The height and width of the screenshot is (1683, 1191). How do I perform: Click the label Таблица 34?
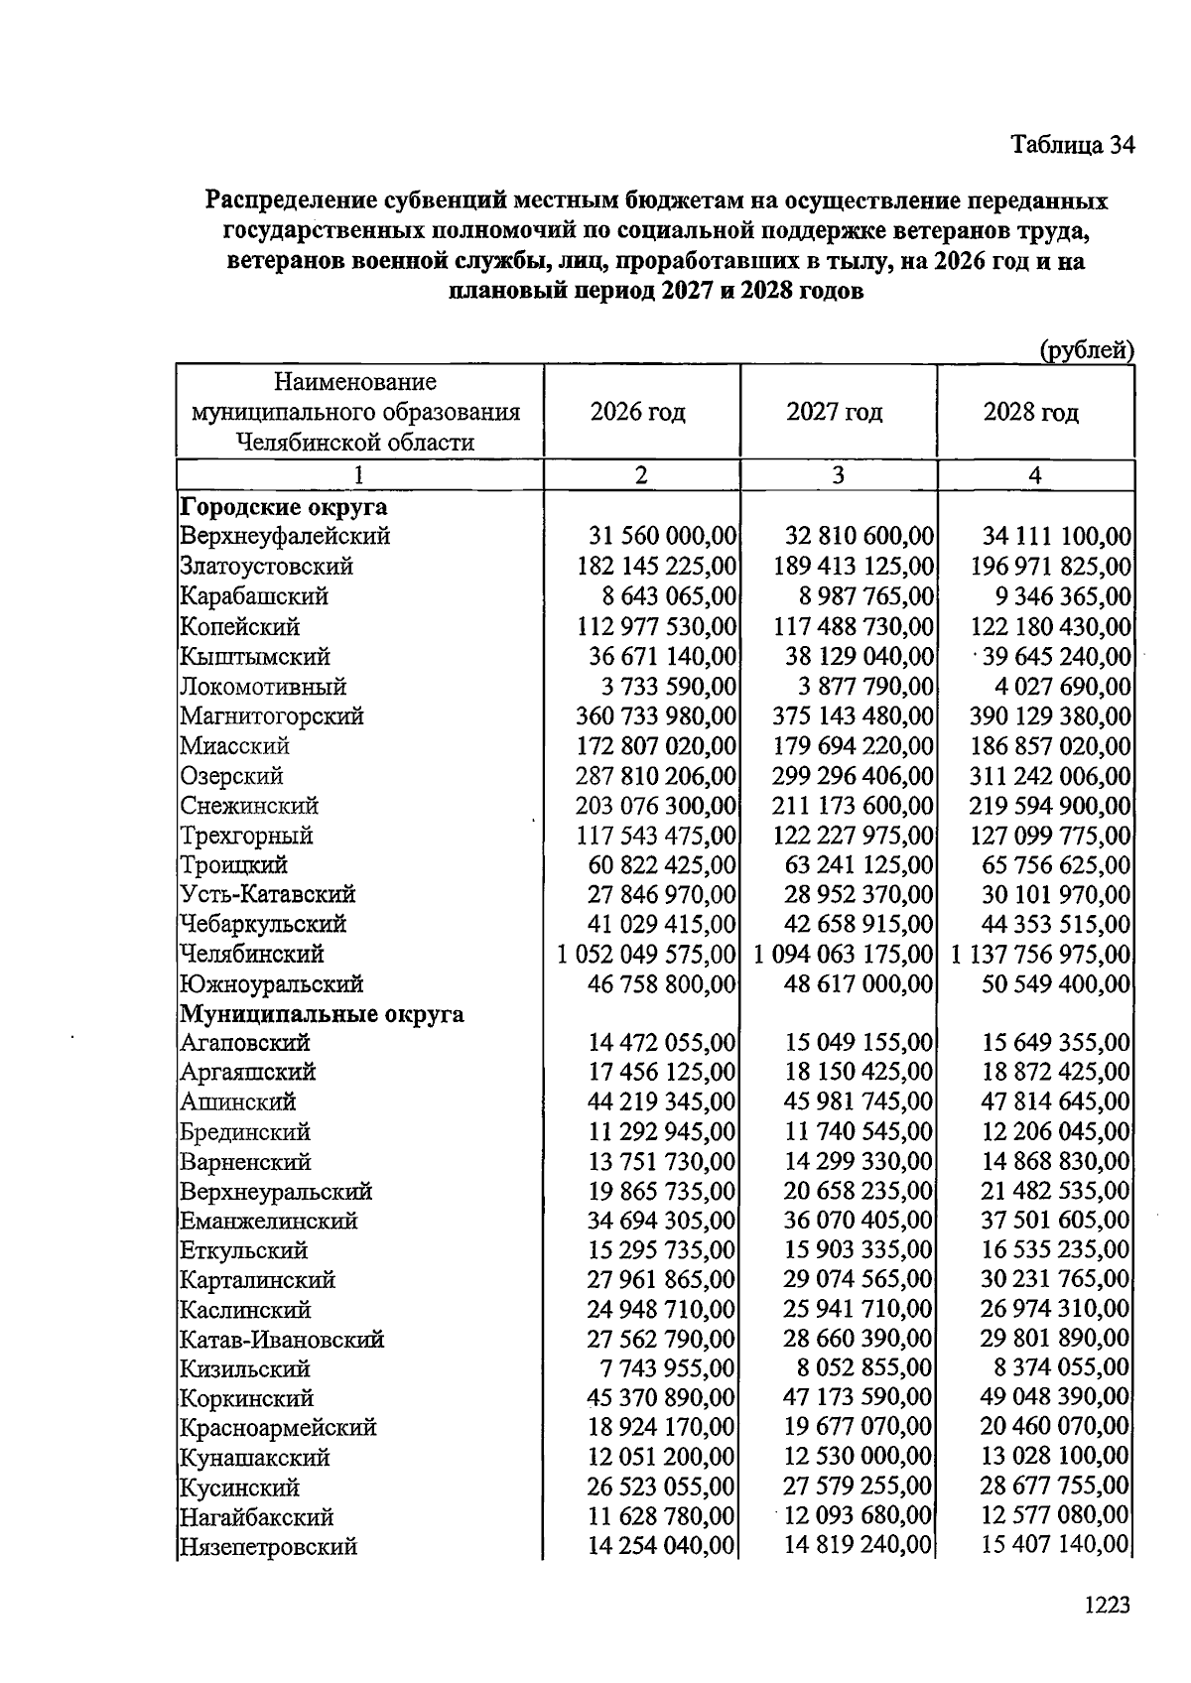point(1071,145)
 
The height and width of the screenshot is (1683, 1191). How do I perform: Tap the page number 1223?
point(1107,1605)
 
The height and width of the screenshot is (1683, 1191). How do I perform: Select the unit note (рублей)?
point(1086,349)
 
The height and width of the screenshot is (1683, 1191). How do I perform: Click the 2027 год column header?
point(835,412)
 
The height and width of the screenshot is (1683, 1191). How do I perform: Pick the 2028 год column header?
point(1031,412)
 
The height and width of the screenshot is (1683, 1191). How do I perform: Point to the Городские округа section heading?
point(283,507)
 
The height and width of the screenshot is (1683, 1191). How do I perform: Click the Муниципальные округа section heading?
point(322,1014)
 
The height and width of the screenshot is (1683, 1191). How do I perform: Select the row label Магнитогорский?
point(272,715)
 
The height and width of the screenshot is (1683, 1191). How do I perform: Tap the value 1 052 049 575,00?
point(646,955)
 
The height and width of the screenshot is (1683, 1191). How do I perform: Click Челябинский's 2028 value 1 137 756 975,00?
point(1040,955)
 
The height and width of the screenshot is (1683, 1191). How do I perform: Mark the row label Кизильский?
point(245,1369)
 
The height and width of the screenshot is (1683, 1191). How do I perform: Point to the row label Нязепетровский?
point(268,1547)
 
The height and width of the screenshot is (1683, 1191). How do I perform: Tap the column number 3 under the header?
point(838,475)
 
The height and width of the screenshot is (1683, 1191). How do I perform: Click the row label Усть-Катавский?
point(267,894)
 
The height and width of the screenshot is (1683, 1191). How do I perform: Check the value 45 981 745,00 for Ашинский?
point(859,1101)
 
